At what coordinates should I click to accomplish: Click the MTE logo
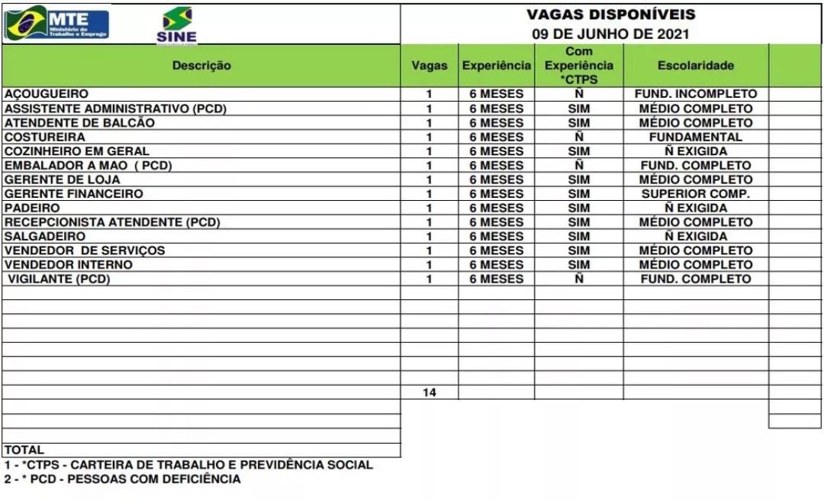57,23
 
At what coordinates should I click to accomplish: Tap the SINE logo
176,25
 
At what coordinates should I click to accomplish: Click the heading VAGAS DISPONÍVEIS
610,15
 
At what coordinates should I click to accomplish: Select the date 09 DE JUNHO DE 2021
610,34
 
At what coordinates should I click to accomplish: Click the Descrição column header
201,66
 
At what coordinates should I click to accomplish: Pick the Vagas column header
430,66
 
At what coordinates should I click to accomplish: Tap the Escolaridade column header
695,66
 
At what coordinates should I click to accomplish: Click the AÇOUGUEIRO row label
47,94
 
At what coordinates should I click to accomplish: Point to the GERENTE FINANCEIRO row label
74,194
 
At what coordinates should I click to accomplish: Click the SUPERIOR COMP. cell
695,194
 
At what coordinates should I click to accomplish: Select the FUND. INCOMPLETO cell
695,94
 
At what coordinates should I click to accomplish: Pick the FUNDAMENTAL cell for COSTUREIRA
695,137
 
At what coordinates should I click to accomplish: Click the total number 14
430,393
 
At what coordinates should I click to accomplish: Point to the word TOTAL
24,450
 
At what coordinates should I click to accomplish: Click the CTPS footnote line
188,464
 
